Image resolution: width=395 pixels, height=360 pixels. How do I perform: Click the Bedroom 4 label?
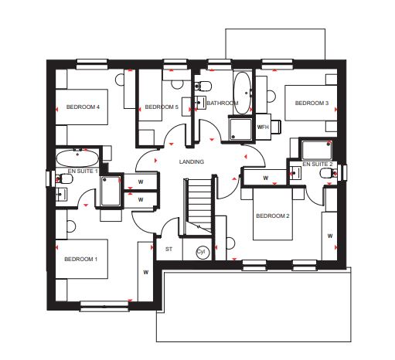click(83, 107)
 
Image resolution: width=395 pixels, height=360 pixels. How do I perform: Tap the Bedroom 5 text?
click(162, 107)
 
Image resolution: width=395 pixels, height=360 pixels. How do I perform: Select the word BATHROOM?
click(223, 104)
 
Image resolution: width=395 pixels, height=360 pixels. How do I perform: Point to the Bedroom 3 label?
click(312, 104)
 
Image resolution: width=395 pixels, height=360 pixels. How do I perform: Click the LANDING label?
click(192, 161)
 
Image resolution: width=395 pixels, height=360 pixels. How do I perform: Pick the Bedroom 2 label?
click(273, 216)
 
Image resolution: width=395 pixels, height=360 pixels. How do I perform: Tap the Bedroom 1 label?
click(80, 259)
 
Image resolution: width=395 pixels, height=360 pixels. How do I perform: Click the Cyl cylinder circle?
click(203, 252)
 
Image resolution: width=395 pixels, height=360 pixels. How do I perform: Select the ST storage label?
click(169, 250)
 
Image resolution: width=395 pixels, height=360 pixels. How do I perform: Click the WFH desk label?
click(263, 127)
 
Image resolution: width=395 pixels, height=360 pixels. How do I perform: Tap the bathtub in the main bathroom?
click(242, 93)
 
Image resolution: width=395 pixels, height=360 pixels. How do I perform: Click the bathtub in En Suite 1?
click(77, 158)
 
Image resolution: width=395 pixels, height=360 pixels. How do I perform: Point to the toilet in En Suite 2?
click(328, 173)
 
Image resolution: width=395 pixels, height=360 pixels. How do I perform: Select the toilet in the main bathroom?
click(203, 86)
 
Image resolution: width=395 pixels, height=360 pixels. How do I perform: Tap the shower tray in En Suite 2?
click(317, 150)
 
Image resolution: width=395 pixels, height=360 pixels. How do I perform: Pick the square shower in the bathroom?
click(240, 130)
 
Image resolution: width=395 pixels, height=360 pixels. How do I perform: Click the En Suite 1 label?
click(83, 171)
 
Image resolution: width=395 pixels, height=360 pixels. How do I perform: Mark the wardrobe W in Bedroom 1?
click(145, 272)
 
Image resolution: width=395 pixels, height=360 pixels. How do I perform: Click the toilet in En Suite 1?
click(64, 178)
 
